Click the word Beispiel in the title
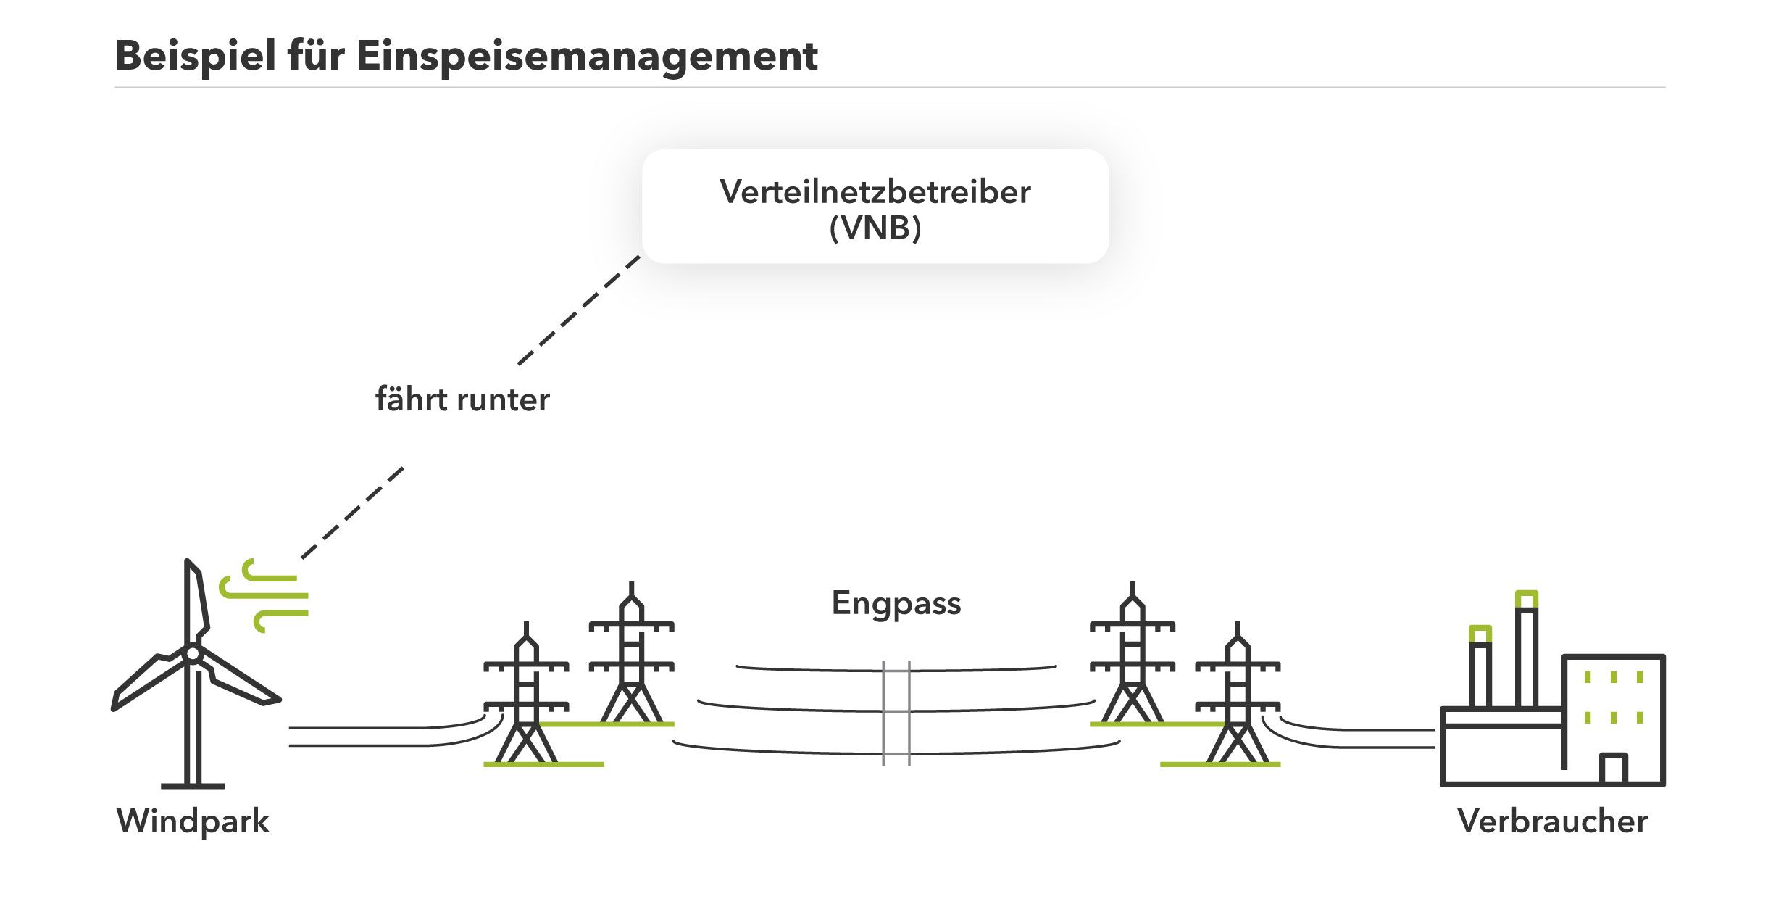pyautogui.click(x=196, y=57)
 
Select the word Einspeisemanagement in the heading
pyautogui.click(x=587, y=57)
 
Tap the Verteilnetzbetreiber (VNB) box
pyautogui.click(x=875, y=206)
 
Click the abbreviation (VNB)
pyautogui.click(x=875, y=228)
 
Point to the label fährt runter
pyautogui.click(x=462, y=399)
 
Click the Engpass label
pyautogui.click(x=896, y=603)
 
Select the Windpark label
pyautogui.click(x=193, y=821)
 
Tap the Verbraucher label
pyautogui.click(x=1552, y=821)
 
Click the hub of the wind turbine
pyautogui.click(x=193, y=653)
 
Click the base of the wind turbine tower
pyautogui.click(x=193, y=785)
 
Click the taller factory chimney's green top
pyautogui.click(x=1526, y=600)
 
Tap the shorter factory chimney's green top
pyautogui.click(x=1480, y=634)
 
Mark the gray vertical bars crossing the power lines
pyautogui.click(x=896, y=713)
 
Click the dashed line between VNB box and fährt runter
pyautogui.click(x=580, y=310)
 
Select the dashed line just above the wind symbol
pyautogui.click(x=352, y=513)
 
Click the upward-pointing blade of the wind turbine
pyautogui.click(x=196, y=602)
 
